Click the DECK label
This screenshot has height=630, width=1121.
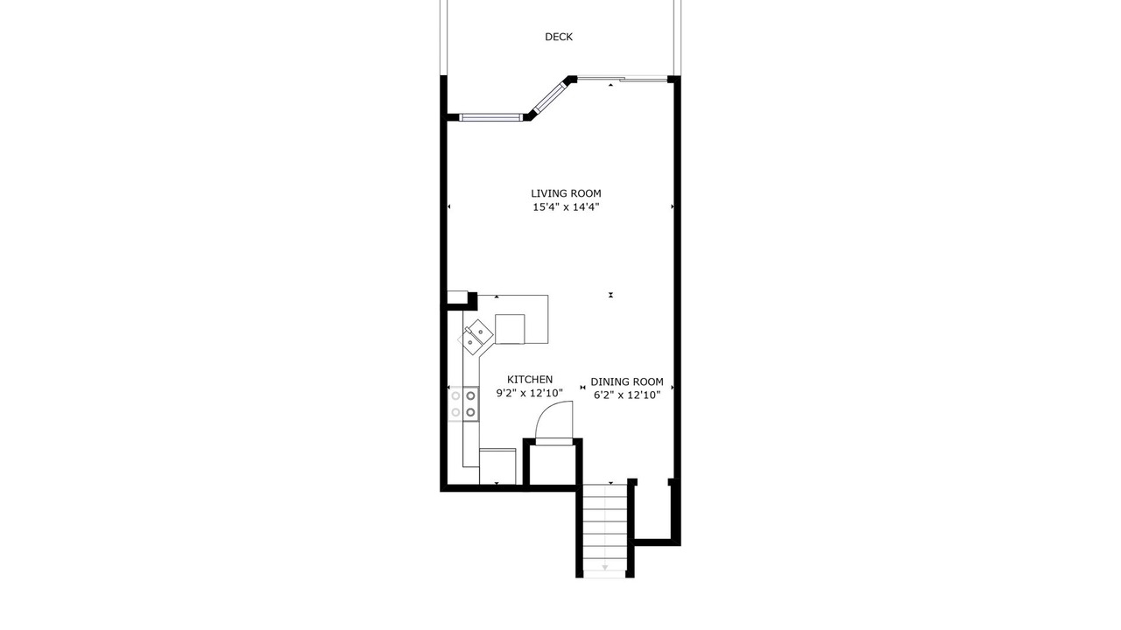[x=559, y=37]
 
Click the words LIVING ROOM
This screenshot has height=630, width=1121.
[x=566, y=193]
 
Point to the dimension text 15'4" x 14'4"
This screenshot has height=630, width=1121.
[x=566, y=207]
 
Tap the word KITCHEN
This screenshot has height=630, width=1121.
[x=530, y=380]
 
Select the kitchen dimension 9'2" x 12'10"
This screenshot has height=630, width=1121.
[x=530, y=393]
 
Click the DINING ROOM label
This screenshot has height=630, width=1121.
[x=627, y=382]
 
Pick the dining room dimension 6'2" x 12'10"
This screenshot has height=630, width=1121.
[x=627, y=395]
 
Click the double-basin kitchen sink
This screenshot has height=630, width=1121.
[x=476, y=338]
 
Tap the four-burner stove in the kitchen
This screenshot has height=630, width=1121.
[x=463, y=404]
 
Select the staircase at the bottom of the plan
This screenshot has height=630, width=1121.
[x=605, y=531]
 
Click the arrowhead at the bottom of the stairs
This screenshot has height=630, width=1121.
[x=605, y=568]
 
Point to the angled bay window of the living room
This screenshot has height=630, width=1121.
[x=549, y=96]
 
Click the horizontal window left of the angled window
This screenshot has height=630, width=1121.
[x=491, y=117]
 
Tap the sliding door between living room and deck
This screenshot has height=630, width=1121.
[x=622, y=79]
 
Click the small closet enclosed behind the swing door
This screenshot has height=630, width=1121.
[x=553, y=465]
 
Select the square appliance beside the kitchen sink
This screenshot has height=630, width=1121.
[x=510, y=329]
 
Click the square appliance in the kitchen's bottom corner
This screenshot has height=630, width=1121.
[x=497, y=466]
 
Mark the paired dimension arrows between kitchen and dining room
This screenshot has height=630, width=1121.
[x=582, y=388]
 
